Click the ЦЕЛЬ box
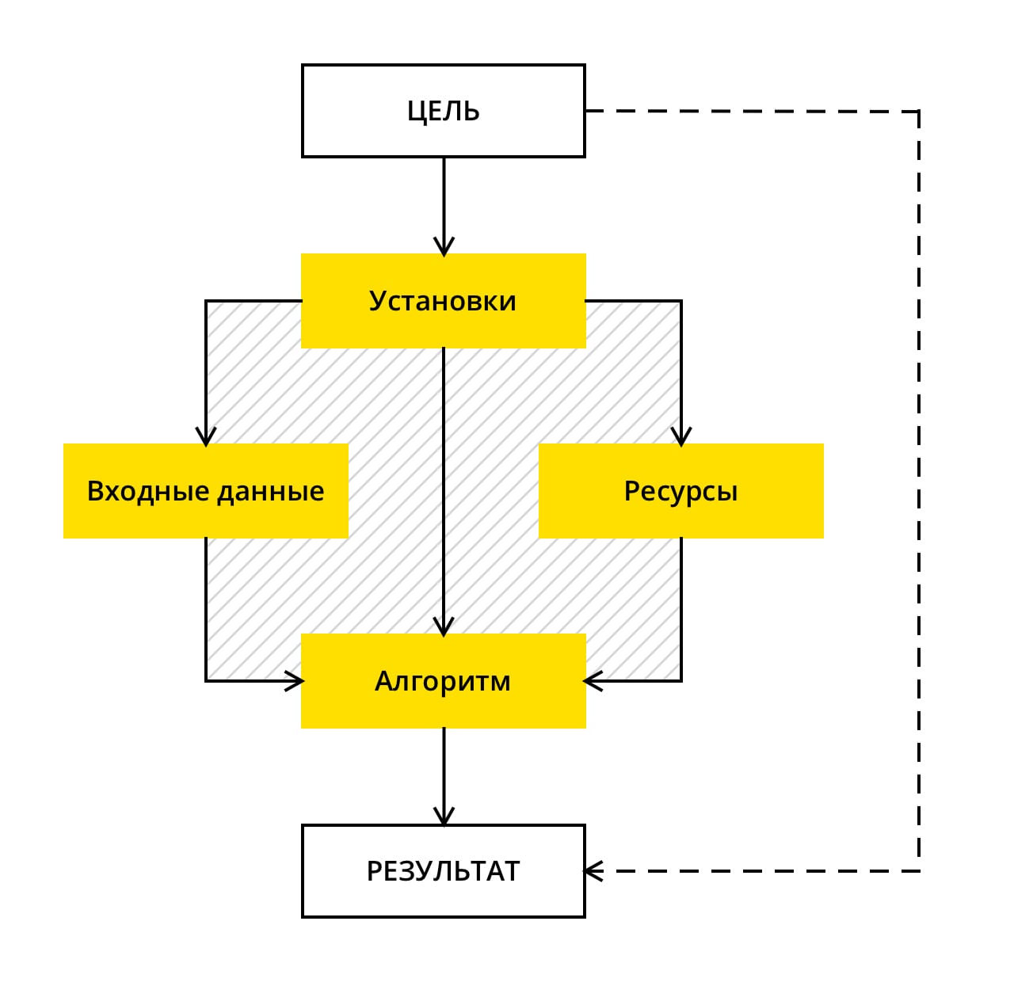click(x=444, y=111)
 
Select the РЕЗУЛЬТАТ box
click(x=444, y=871)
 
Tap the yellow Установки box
click(x=444, y=301)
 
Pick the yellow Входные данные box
click(x=206, y=491)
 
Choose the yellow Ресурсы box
click(x=681, y=491)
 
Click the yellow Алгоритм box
click(x=444, y=681)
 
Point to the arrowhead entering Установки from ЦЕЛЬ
click(x=444, y=247)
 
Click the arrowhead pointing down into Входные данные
click(x=206, y=437)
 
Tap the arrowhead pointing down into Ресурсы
click(x=681, y=437)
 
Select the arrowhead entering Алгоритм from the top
click(x=444, y=627)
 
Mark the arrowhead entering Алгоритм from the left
click(x=295, y=681)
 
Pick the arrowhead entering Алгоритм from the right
click(x=593, y=681)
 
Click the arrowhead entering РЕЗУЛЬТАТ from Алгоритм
click(x=444, y=817)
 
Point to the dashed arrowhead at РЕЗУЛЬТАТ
click(x=593, y=871)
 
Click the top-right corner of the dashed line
click(x=919, y=111)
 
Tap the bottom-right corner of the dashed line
click(x=919, y=871)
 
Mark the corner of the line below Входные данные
click(x=206, y=681)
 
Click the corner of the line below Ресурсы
click(x=681, y=681)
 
